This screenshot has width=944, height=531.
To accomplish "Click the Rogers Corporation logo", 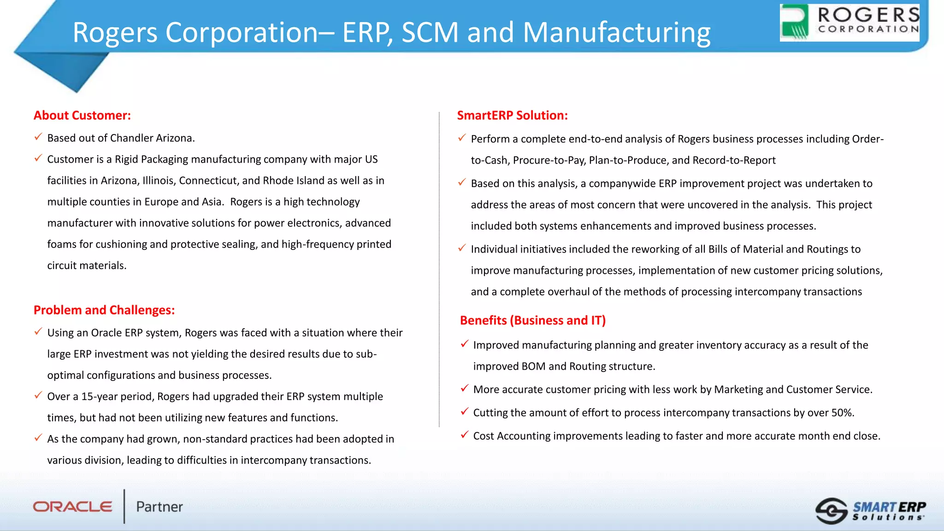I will (x=849, y=23).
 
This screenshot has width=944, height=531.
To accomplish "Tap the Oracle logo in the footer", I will (x=72, y=507).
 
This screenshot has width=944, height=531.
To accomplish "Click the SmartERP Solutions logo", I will (x=870, y=511).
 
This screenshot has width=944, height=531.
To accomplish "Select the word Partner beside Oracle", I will (x=159, y=507).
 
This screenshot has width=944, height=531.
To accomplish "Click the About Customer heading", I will (x=82, y=115).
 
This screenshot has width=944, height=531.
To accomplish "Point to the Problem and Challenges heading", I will (x=104, y=310).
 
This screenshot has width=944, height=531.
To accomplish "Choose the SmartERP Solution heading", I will (x=512, y=115).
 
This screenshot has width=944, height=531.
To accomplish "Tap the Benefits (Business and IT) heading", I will (x=532, y=320).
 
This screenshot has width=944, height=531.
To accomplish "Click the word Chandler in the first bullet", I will (x=131, y=138).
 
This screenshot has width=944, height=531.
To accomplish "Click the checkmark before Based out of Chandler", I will (x=38, y=137).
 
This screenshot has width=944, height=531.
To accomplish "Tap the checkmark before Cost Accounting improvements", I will (x=465, y=435).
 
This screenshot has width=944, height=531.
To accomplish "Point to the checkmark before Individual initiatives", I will (x=462, y=248).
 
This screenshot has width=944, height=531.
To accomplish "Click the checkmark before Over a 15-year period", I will (x=38, y=395).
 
